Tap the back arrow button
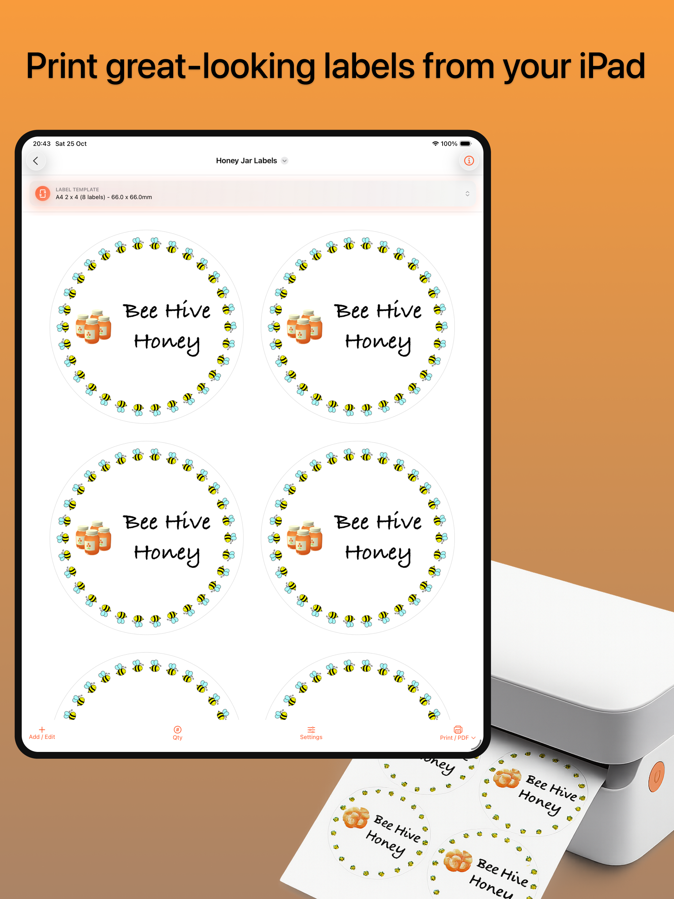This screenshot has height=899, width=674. pyautogui.click(x=36, y=161)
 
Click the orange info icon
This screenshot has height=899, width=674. pyautogui.click(x=469, y=161)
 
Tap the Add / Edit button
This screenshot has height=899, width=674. pyautogui.click(x=42, y=733)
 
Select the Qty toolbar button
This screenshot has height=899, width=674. pyautogui.click(x=178, y=733)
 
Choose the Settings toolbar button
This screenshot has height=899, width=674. pyautogui.click(x=311, y=733)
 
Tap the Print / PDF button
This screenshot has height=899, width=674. pyautogui.click(x=458, y=733)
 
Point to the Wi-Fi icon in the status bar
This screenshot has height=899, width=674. pyautogui.click(x=435, y=144)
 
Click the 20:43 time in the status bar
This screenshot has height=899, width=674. pyautogui.click(x=42, y=144)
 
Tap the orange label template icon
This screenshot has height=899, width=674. pyautogui.click(x=43, y=193)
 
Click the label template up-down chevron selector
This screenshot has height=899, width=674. pyautogui.click(x=468, y=193)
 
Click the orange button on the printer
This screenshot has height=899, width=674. pyautogui.click(x=657, y=777)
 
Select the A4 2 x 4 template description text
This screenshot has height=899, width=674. pyautogui.click(x=104, y=197)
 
